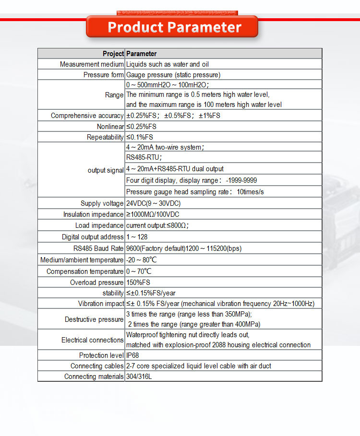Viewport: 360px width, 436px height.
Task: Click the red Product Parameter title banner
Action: pos(174,27)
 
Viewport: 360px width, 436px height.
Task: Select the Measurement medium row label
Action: pos(92,64)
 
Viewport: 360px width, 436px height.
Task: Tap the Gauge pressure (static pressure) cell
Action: pos(173,75)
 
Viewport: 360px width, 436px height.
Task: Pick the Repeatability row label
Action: pos(105,137)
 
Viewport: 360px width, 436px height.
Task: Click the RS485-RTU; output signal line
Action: pos(144,157)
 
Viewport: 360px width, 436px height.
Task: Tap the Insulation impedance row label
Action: pos(93,214)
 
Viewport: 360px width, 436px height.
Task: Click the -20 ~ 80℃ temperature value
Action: pos(141,260)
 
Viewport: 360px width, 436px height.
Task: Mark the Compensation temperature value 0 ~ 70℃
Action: pos(139,271)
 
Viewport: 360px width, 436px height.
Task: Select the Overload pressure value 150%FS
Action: pos(138,283)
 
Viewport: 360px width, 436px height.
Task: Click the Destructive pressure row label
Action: pos(94,319)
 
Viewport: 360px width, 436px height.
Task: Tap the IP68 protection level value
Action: pos(132,355)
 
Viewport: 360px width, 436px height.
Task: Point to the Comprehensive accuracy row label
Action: pos(87,116)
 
